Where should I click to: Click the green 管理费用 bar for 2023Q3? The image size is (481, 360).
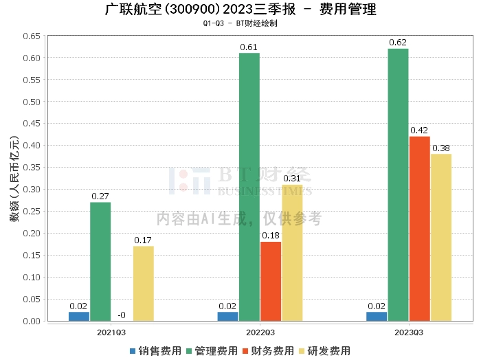pos(397,184)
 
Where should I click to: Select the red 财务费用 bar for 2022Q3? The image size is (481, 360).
pos(271,281)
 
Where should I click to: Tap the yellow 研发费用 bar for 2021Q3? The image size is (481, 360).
pos(144,283)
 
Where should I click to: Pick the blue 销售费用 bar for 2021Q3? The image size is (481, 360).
pos(79,316)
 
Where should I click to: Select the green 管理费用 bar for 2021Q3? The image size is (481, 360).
pos(100,261)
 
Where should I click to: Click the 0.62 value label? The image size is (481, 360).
pos(397,43)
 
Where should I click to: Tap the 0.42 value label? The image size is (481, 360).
pos(419,131)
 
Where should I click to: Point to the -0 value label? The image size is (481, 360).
pos(121,315)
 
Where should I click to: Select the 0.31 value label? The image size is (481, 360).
pos(292,179)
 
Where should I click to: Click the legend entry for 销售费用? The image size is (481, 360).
pos(154,351)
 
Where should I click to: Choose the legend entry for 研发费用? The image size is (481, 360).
pos(323,351)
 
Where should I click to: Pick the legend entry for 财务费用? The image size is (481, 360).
pos(267,351)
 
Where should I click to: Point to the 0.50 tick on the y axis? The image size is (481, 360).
pos(32,102)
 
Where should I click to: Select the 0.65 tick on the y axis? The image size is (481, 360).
pos(32,36)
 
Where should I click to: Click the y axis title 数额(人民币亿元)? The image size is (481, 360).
pos(14,179)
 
